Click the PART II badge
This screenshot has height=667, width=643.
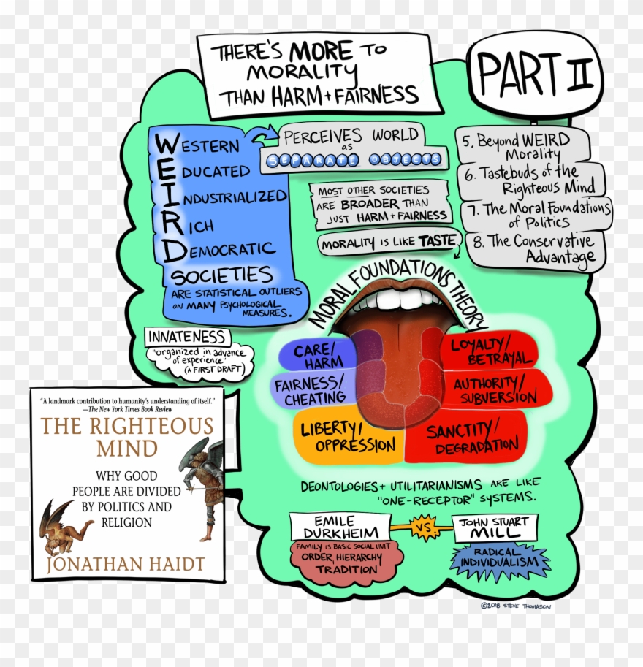pyautogui.click(x=535, y=73)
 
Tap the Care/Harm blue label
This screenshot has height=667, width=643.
pyautogui.click(x=317, y=356)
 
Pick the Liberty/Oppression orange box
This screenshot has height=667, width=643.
pyautogui.click(x=348, y=436)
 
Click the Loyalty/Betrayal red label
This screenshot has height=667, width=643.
pyautogui.click(x=490, y=351)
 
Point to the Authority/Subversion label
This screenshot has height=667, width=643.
pyautogui.click(x=495, y=390)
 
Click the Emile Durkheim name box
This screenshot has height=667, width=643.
pyautogui.click(x=340, y=527)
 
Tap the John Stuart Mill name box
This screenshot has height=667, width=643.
pyautogui.click(x=495, y=527)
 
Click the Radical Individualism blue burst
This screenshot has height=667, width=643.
pyautogui.click(x=500, y=563)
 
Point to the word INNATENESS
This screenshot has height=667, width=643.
pyautogui.click(x=187, y=337)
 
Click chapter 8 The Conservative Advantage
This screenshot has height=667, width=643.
pyautogui.click(x=537, y=249)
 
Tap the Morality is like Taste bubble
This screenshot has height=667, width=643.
pyautogui.click(x=388, y=243)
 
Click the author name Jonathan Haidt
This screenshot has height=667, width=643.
pyautogui.click(x=126, y=564)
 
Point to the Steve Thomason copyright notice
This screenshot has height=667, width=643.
pyautogui.click(x=516, y=606)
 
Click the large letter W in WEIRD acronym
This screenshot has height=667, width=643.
pyautogui.click(x=165, y=144)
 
